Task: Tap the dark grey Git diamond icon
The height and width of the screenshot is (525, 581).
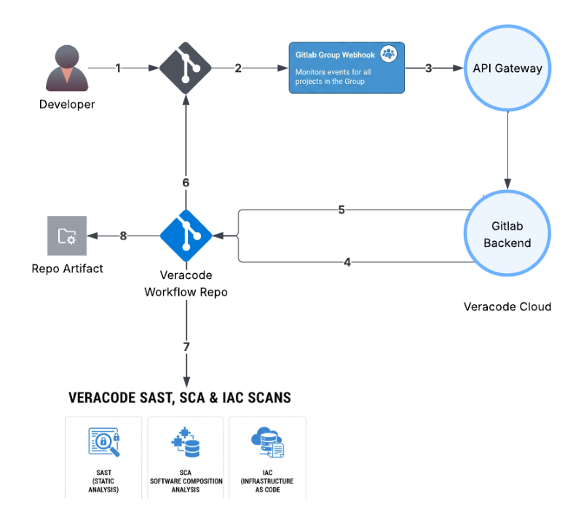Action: click(186, 68)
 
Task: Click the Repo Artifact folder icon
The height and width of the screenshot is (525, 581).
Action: click(66, 235)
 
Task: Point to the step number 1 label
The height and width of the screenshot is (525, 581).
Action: click(118, 68)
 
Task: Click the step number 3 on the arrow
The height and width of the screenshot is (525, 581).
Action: click(428, 68)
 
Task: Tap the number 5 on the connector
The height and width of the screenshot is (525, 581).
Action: click(341, 210)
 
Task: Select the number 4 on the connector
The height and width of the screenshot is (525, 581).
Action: click(347, 261)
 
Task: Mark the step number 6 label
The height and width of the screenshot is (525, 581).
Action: click(186, 183)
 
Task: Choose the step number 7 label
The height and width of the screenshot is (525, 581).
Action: click(186, 347)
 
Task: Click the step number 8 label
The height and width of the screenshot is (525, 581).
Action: click(123, 235)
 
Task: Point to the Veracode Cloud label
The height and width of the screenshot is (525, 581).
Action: click(507, 307)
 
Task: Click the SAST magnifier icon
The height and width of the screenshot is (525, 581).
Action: click(103, 442)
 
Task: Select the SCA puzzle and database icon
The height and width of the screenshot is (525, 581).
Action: click(186, 443)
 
